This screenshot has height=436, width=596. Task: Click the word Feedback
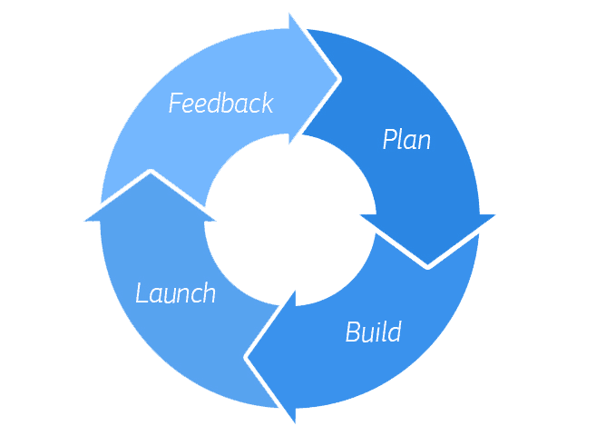point(220,103)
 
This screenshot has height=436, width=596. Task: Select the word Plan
point(405,140)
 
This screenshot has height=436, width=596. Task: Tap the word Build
point(373,332)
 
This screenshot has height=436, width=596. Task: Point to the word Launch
point(176,293)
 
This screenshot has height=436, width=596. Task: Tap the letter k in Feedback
point(266,103)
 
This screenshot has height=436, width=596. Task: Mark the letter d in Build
point(394,332)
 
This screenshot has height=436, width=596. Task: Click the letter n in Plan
point(423,142)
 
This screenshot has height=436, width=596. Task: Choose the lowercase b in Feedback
point(230,103)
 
